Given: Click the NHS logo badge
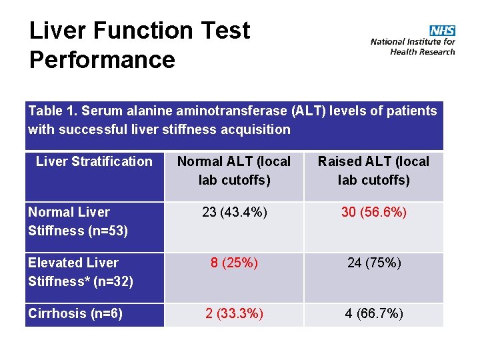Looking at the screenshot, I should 442,31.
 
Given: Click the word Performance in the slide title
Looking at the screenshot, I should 102,59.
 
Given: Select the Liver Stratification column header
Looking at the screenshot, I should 94,161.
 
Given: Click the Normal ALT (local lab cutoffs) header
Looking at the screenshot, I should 234,171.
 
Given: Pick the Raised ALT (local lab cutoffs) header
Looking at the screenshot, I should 373,171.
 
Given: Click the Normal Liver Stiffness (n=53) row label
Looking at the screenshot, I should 78,221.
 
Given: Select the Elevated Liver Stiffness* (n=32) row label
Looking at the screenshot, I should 81,272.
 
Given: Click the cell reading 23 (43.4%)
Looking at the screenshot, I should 234,212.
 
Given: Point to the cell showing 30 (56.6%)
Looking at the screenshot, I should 373,212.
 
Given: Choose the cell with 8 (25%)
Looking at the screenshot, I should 234,263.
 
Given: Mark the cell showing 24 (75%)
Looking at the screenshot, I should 373,263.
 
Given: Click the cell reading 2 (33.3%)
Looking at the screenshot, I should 234,313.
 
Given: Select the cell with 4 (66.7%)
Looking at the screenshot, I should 373,313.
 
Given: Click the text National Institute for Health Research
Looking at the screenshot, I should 413,47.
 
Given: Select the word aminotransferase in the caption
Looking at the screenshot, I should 221,111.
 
